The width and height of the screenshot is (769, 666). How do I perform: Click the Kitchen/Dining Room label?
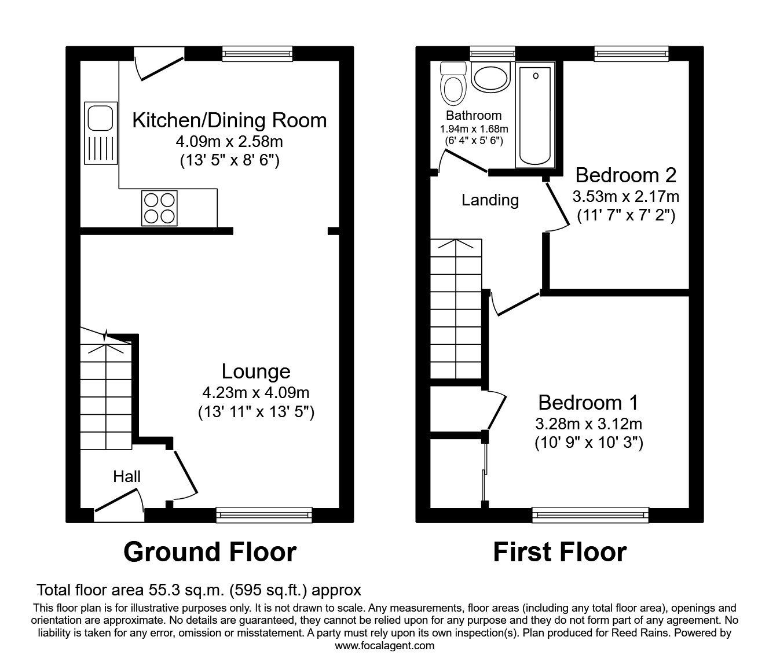pyautogui.click(x=229, y=120)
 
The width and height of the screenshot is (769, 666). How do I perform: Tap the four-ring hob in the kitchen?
pyautogui.click(x=159, y=208)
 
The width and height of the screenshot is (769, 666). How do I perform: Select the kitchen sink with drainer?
pyautogui.click(x=101, y=133)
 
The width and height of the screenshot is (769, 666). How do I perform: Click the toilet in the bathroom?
pyautogui.click(x=453, y=84)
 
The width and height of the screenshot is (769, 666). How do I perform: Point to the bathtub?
pyautogui.click(x=536, y=115)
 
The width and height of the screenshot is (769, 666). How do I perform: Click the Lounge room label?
pyautogui.click(x=256, y=371)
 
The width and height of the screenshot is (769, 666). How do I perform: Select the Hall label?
pyautogui.click(x=127, y=477)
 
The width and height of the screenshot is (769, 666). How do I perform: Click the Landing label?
pyautogui.click(x=490, y=200)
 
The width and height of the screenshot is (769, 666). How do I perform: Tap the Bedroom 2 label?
pyautogui.click(x=625, y=175)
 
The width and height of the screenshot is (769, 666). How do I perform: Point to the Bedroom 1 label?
pyautogui.click(x=588, y=402)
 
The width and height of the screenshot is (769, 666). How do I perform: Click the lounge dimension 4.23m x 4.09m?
pyautogui.click(x=255, y=393)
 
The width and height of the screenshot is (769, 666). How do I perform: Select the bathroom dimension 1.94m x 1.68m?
pyautogui.click(x=474, y=128)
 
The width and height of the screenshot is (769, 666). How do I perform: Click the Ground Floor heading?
pyautogui.click(x=210, y=552)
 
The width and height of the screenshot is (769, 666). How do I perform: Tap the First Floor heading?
pyautogui.click(x=559, y=552)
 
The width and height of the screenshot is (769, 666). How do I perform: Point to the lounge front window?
pyautogui.click(x=264, y=512)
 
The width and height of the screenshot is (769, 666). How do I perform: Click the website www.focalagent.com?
pyautogui.click(x=384, y=645)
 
